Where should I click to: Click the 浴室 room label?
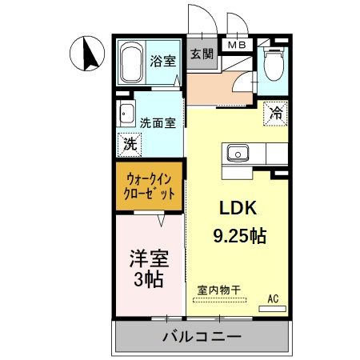coord(164,61)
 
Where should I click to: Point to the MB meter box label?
coord(238,46)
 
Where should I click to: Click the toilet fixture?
coord(274,63)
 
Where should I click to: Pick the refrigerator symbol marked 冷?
coord(274,114)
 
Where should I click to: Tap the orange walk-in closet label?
coord(149,186)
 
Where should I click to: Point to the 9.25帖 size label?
coord(239,236)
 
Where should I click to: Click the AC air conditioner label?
coord(273,298)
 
